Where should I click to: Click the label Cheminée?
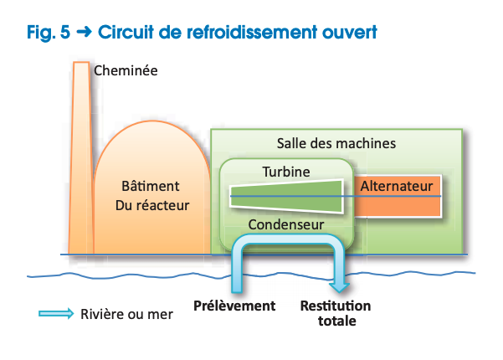tap(125, 70)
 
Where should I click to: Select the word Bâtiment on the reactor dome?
tap(151, 185)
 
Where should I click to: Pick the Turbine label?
tap(286, 172)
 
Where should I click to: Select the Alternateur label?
tap(396, 186)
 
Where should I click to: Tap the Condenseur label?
tap(286, 224)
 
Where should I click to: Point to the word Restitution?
tap(336, 306)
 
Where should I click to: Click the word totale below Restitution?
tap(336, 321)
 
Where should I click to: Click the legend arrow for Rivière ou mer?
tap(56, 314)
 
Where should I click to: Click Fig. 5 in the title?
tap(47, 33)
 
